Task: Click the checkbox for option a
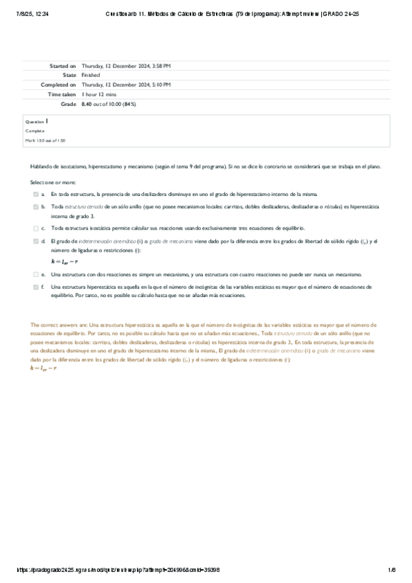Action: click(36, 195)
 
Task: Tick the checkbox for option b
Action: click(36, 206)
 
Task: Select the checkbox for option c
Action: click(36, 228)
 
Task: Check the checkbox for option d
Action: click(36, 241)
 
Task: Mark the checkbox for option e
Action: click(36, 274)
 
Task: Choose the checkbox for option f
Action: click(36, 286)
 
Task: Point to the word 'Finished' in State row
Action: click(91, 75)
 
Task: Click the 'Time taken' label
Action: click(61, 94)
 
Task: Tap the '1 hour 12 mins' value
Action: click(99, 94)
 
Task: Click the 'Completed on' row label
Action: click(58, 85)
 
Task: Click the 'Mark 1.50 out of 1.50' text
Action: click(45, 140)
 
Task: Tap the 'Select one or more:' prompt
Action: click(52, 182)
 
